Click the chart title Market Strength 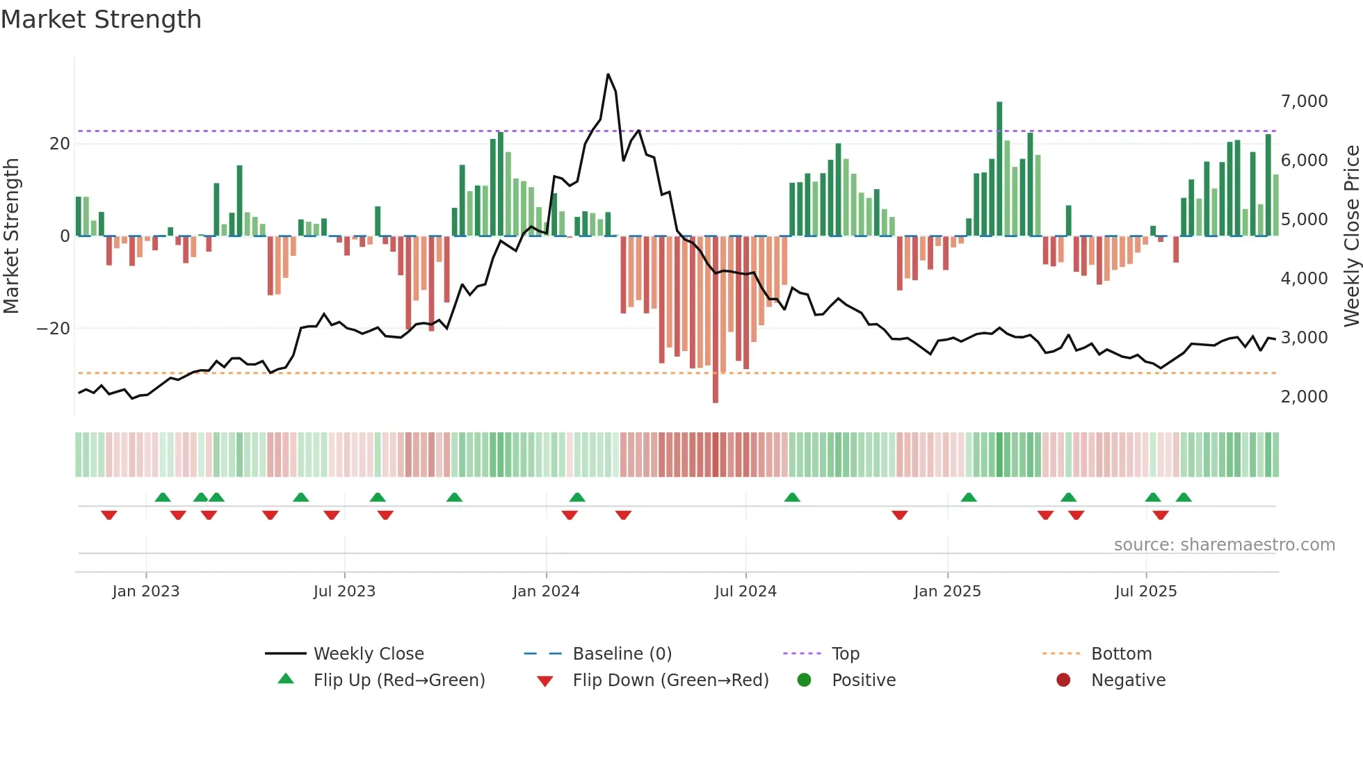101,19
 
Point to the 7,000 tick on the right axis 1304,101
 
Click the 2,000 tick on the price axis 1304,397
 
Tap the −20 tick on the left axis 54,329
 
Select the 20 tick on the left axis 60,144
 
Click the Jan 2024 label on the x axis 546,592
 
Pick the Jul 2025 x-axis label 1145,592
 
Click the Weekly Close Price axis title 1351,236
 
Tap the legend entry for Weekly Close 368,654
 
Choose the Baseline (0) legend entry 622,654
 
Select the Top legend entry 845,654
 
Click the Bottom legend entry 1121,654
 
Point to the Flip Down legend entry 670,681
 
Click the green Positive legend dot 805,681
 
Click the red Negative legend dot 1063,681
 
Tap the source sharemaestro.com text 1224,545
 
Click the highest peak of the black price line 608,74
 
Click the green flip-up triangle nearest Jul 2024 792,497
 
